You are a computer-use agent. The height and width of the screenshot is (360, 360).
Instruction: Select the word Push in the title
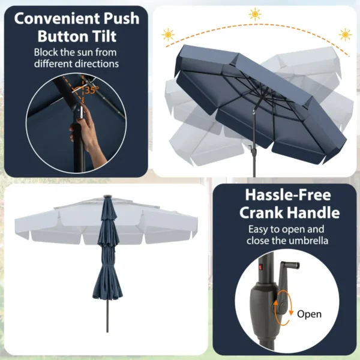(118, 19)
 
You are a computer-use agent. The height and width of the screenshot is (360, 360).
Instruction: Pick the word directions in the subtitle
(97, 64)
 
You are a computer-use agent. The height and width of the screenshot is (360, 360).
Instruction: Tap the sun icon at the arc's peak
(256, 14)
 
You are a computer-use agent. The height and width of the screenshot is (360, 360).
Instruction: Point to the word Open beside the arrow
(309, 314)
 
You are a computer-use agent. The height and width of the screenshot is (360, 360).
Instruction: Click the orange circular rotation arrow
(280, 308)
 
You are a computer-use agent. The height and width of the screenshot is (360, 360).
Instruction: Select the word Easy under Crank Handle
(260, 229)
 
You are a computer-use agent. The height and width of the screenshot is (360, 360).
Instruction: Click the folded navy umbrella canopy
(108, 258)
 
